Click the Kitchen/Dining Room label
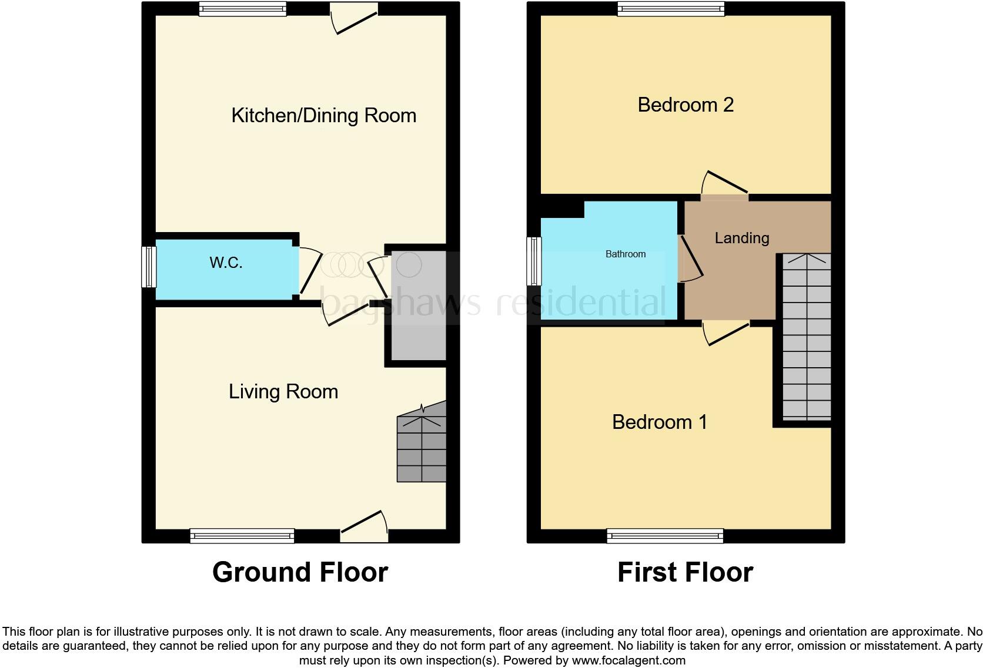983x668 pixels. [x=323, y=115]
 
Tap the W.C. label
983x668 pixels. [x=226, y=263]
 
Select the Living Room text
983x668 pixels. [x=283, y=391]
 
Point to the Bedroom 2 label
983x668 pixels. [x=686, y=105]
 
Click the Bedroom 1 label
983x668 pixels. [x=660, y=422]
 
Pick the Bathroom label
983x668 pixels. [x=626, y=254]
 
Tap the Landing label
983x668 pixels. [x=742, y=238]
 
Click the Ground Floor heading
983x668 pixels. [x=300, y=572]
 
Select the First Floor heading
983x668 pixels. [x=685, y=572]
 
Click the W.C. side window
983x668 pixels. [x=149, y=267]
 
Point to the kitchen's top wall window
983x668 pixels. [x=242, y=8]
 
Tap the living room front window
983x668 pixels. [x=242, y=535]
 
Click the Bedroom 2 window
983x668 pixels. [x=671, y=8]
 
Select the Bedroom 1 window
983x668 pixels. [x=665, y=535]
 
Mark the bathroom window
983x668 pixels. [x=534, y=261]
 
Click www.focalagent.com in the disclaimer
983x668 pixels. [x=628, y=660]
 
